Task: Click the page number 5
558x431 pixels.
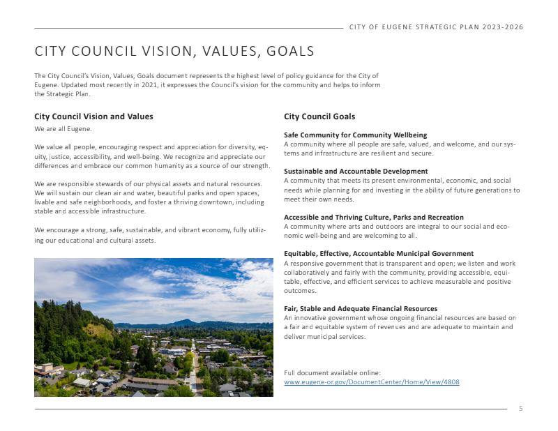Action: tap(520, 408)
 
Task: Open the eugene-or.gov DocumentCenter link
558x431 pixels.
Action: tap(371, 382)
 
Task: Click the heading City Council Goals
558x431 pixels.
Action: tap(319, 116)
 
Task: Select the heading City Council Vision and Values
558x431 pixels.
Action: tap(93, 116)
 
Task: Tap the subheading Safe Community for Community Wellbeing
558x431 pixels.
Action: tap(355, 135)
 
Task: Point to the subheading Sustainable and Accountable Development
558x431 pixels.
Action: tap(356, 171)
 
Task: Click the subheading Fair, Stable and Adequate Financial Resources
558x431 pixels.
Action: tap(361, 308)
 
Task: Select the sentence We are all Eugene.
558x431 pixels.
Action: tap(63, 129)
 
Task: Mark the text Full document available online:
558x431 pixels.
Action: tap(332, 373)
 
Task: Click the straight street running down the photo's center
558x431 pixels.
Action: tap(193, 370)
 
